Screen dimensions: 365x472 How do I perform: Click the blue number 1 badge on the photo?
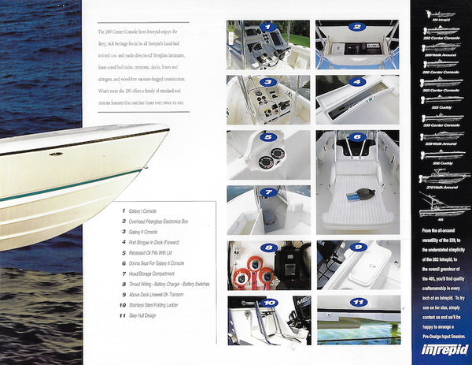[x=269, y=27]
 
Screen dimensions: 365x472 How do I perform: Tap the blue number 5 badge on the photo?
[x=269, y=136]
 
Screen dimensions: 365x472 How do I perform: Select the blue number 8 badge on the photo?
[x=269, y=248]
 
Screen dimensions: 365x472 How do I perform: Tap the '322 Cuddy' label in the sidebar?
[x=439, y=106]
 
